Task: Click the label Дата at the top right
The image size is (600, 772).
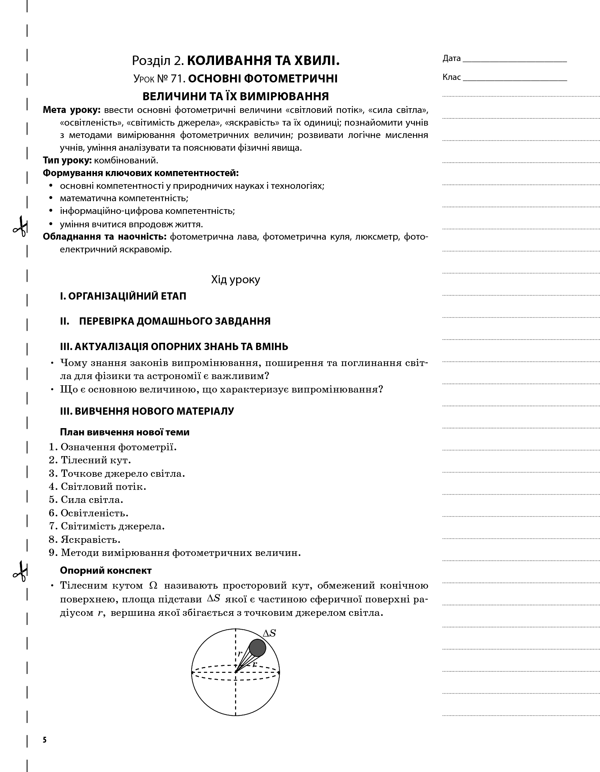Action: click(451, 58)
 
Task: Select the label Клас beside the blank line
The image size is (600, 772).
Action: click(451, 77)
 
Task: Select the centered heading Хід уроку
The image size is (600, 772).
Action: click(235, 280)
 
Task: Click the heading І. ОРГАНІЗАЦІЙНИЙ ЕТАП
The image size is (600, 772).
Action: click(123, 296)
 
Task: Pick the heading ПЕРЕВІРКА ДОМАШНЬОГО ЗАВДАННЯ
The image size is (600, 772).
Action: click(174, 321)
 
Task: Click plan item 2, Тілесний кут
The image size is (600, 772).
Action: click(95, 460)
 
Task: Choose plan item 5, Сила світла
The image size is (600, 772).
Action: click(92, 500)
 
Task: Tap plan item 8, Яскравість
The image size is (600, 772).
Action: click(90, 539)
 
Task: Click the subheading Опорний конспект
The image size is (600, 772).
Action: click(106, 570)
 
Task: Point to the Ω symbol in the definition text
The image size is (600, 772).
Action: click(153, 586)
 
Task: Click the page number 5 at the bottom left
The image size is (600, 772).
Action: click(45, 740)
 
